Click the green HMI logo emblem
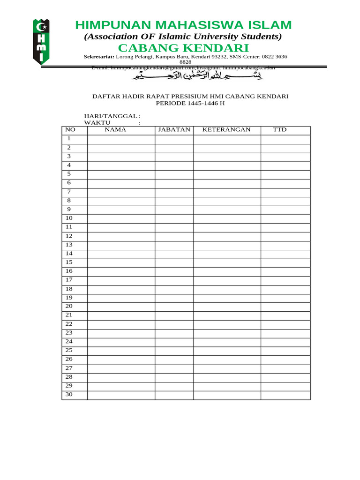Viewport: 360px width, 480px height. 41,41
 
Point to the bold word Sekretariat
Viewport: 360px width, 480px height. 99,57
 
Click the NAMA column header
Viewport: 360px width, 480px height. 115,130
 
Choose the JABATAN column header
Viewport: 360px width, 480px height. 174,130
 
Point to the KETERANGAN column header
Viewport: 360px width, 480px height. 226,130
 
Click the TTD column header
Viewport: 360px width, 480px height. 280,130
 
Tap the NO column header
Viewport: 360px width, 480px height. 70,130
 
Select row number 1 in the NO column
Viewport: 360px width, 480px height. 69,139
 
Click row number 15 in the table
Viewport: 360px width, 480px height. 69,262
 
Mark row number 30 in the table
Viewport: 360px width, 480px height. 69,395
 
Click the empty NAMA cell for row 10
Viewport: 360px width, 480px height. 121,218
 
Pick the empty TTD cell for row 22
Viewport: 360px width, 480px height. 285,324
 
